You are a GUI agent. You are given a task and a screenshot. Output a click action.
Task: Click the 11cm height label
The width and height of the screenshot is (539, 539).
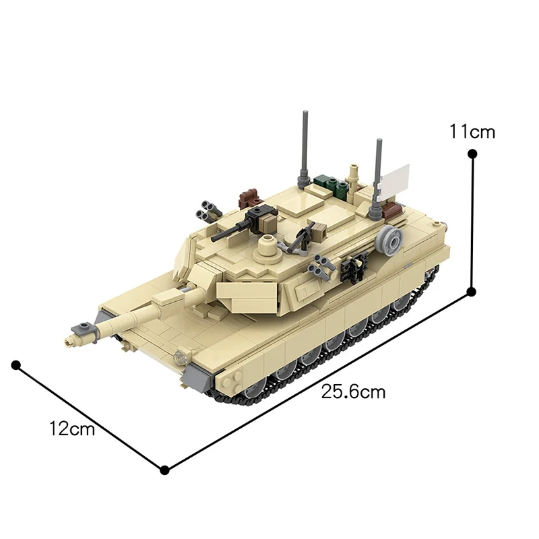pyautogui.click(x=472, y=131)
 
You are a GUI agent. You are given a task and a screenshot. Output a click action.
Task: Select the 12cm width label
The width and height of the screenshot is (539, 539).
pyautogui.click(x=71, y=429)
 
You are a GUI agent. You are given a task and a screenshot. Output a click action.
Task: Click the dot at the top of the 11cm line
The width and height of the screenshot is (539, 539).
pyautogui.click(x=472, y=154)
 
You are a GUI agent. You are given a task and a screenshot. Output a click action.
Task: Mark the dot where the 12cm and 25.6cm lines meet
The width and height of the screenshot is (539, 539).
pyautogui.click(x=164, y=469)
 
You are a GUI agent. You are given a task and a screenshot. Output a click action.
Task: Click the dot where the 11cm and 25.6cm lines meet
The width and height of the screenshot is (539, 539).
pyautogui.click(x=472, y=292)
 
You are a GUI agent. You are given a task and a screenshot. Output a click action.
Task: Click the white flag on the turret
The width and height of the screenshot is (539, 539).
pyautogui.click(x=394, y=179)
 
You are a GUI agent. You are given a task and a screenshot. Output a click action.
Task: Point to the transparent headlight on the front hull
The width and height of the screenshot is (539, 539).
pyautogui.click(x=180, y=357)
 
